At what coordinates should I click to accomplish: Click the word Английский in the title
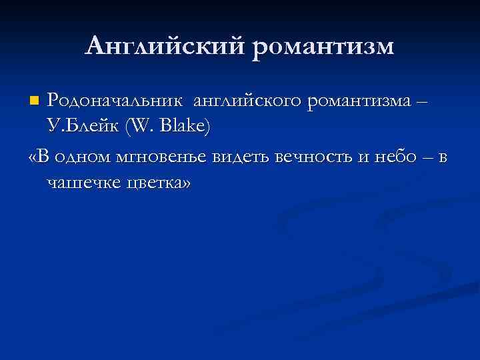[x=167, y=46]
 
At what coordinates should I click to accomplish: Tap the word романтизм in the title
[x=324, y=46]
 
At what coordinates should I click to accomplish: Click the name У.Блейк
[x=81, y=127]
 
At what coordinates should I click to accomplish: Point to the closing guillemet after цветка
[x=184, y=184]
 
